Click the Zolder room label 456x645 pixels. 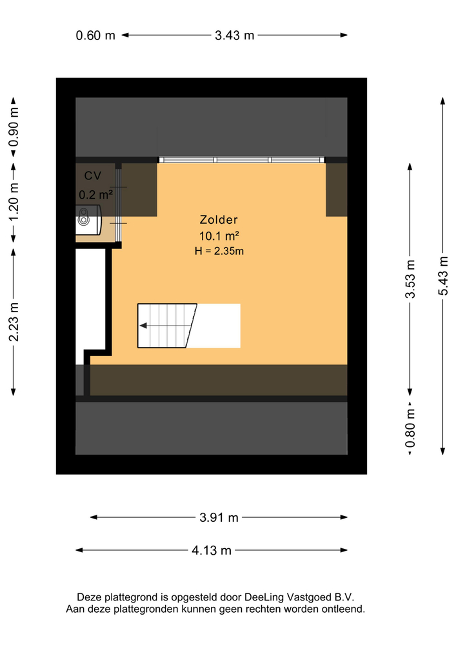click(x=219, y=220)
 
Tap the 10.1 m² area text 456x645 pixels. click(x=219, y=235)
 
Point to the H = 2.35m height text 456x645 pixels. click(x=219, y=251)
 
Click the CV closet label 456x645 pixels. click(x=92, y=175)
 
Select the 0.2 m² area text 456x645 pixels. click(x=95, y=193)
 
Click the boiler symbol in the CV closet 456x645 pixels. click(x=88, y=219)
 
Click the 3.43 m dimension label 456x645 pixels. click(x=234, y=35)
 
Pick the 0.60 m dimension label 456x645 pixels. click(x=95, y=35)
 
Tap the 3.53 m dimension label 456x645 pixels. click(x=410, y=279)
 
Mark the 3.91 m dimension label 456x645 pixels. click(x=219, y=517)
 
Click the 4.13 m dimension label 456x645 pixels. click(x=211, y=550)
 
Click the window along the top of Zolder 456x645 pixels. click(x=243, y=159)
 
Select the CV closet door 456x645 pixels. click(x=119, y=205)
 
